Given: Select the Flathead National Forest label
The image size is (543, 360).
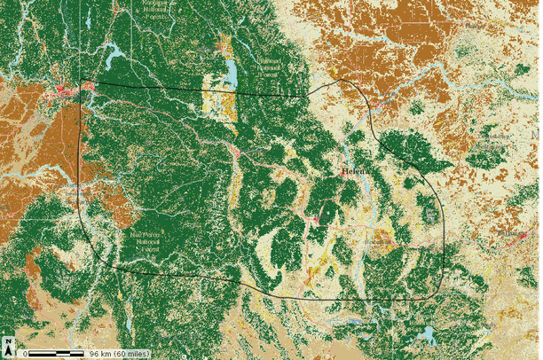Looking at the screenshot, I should pos(266,67).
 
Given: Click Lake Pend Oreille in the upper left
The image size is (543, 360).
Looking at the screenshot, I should pos(116,60).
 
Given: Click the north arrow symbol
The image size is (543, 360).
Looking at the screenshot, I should pos(8,347).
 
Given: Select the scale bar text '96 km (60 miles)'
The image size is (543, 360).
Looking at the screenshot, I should pos(118,354).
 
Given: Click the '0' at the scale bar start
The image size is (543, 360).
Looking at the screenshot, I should pos(26,354).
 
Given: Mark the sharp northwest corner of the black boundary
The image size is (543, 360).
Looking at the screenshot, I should pos(81,82).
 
